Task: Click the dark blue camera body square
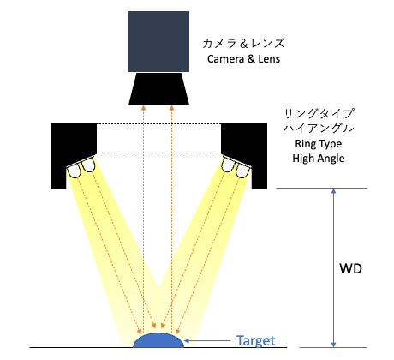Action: pyautogui.click(x=158, y=41)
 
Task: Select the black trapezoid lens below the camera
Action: pyautogui.click(x=158, y=88)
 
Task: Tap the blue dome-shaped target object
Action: pyautogui.click(x=158, y=340)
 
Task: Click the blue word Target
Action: pyautogui.click(x=256, y=341)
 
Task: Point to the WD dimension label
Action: pyautogui.click(x=350, y=268)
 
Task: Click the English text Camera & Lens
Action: pyautogui.click(x=243, y=59)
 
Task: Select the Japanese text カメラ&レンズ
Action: pyautogui.click(x=243, y=44)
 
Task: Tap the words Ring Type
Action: pyautogui.click(x=319, y=144)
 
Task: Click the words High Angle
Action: pyautogui.click(x=319, y=159)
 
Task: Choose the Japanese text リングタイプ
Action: pyautogui.click(x=319, y=114)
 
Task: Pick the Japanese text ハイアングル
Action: pyautogui.click(x=319, y=129)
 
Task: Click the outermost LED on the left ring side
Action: pyautogui.click(x=75, y=171)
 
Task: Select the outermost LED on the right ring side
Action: pyautogui.click(x=242, y=171)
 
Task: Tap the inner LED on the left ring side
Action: pyautogui.click(x=88, y=165)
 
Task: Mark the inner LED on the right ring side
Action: pyautogui.click(x=229, y=165)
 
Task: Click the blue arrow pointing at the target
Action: pyautogui.click(x=207, y=340)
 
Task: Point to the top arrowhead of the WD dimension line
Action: pyautogui.click(x=333, y=190)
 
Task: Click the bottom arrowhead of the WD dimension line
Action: pyautogui.click(x=333, y=345)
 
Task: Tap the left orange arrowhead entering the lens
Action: pyautogui.click(x=144, y=107)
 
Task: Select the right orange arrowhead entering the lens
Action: pyautogui.click(x=171, y=107)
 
